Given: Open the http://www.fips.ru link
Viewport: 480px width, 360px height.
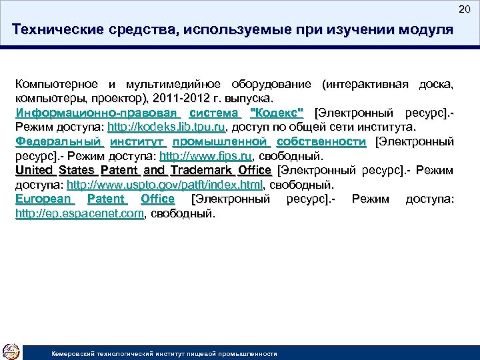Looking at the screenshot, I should (205, 156).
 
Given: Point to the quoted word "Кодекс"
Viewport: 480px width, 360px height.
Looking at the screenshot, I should (275, 113).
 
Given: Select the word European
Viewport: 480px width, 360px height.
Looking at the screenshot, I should (44, 199).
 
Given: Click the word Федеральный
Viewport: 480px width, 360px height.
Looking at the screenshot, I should (59, 141).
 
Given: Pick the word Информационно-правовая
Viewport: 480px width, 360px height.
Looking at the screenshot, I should (97, 113).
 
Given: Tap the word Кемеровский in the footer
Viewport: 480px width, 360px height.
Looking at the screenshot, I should (75, 353).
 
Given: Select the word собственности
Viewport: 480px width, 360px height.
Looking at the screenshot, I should (321, 141).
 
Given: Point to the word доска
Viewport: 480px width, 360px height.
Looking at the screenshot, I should (435, 84).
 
